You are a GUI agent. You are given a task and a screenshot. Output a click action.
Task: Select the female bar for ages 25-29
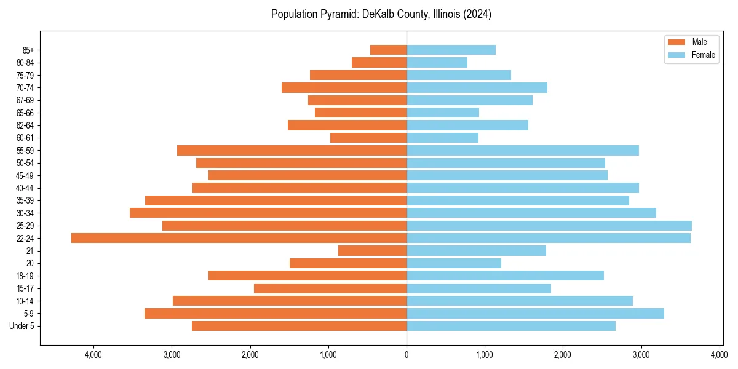pyautogui.click(x=549, y=226)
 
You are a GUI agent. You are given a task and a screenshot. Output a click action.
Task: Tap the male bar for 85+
pyautogui.click(x=388, y=50)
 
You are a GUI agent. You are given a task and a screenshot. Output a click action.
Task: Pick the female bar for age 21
pyautogui.click(x=476, y=251)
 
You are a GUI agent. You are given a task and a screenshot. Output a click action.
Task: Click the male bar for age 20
pyautogui.click(x=348, y=263)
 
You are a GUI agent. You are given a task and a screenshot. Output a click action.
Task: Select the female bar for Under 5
pyautogui.click(x=511, y=326)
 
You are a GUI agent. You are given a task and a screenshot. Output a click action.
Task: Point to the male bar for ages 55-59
pyautogui.click(x=292, y=151)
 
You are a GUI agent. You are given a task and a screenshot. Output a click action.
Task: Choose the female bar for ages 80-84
pyautogui.click(x=437, y=63)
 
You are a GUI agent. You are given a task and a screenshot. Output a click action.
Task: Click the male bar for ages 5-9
pyautogui.click(x=276, y=314)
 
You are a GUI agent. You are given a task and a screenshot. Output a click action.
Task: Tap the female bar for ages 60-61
pyautogui.click(x=442, y=138)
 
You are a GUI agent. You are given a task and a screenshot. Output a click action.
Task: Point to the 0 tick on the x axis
pyautogui.click(x=407, y=355)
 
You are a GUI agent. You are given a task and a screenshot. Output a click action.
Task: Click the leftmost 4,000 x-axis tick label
pyautogui.click(x=93, y=355)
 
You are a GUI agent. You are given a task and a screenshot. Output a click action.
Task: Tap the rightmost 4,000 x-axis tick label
pyautogui.click(x=720, y=355)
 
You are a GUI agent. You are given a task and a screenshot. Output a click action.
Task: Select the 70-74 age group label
pyautogui.click(x=25, y=88)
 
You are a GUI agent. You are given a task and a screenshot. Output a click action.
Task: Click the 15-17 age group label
pyautogui.click(x=25, y=288)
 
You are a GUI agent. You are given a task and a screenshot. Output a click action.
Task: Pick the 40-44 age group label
pyautogui.click(x=25, y=188)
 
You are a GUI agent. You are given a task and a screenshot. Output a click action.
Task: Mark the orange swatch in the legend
pyautogui.click(x=676, y=42)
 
